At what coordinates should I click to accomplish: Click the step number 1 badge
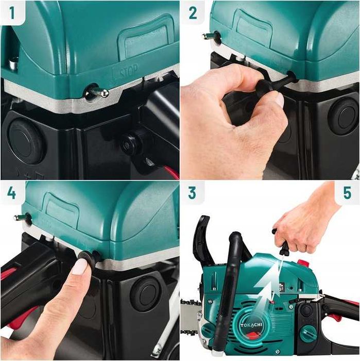click(12, 13)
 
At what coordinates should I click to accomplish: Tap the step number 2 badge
click(193, 13)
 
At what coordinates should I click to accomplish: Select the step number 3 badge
click(193, 193)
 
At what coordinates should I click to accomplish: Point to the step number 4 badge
click(12, 193)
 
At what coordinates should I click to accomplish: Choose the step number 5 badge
click(347, 193)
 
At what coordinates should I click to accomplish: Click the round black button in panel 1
click(26, 141)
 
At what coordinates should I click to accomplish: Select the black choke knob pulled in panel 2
click(273, 85)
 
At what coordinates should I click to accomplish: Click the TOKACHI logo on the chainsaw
click(251, 325)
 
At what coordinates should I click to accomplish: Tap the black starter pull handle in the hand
click(282, 242)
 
